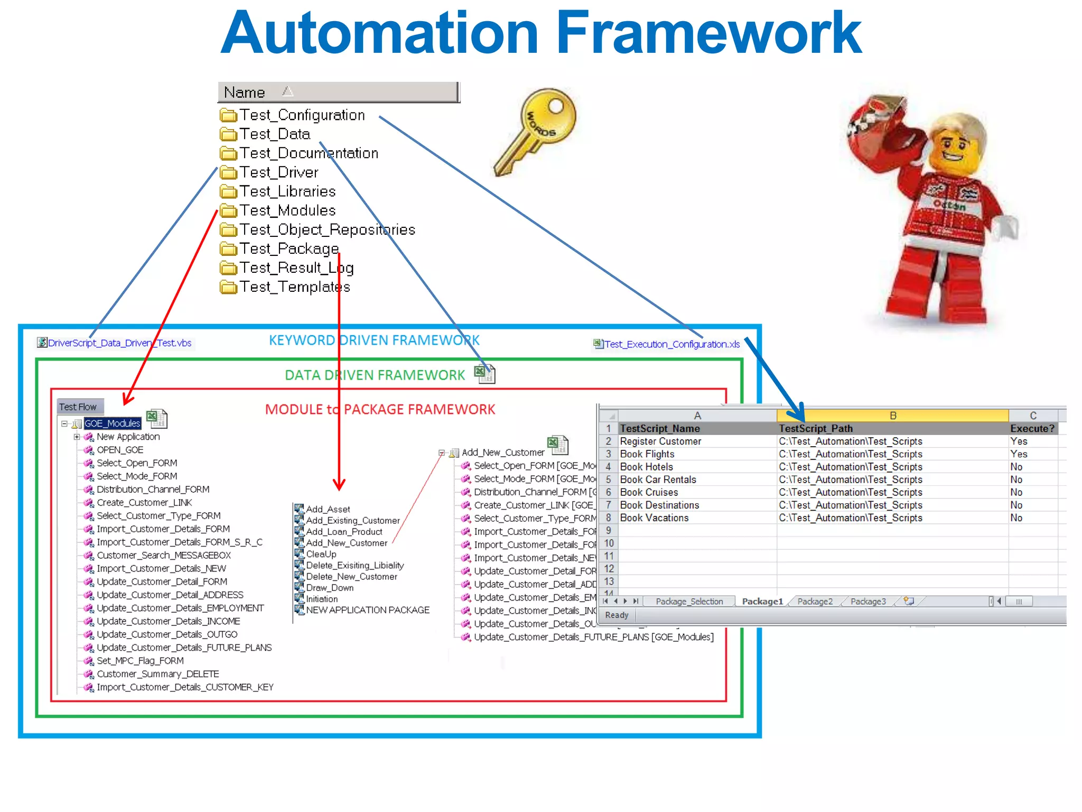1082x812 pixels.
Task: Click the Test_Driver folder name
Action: [x=279, y=172]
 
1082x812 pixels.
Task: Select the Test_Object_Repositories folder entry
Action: [x=327, y=229]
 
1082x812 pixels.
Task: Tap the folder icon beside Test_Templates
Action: [x=228, y=287]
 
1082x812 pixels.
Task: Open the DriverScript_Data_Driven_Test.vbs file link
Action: [x=119, y=343]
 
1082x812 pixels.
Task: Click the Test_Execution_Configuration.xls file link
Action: [x=671, y=344]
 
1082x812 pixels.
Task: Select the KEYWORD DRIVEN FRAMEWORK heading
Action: [x=374, y=340]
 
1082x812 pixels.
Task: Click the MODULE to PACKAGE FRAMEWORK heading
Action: [x=380, y=410]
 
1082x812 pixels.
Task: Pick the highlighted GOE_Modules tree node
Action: [x=113, y=423]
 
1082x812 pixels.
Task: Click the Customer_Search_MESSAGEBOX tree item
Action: [x=164, y=556]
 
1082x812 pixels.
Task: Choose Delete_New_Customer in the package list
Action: [x=351, y=577]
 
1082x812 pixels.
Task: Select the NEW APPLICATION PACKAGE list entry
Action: [x=368, y=610]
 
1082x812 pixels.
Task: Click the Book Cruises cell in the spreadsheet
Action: [x=649, y=492]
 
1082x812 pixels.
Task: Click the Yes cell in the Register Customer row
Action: [x=1019, y=441]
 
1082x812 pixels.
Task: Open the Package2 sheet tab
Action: [x=815, y=602]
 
